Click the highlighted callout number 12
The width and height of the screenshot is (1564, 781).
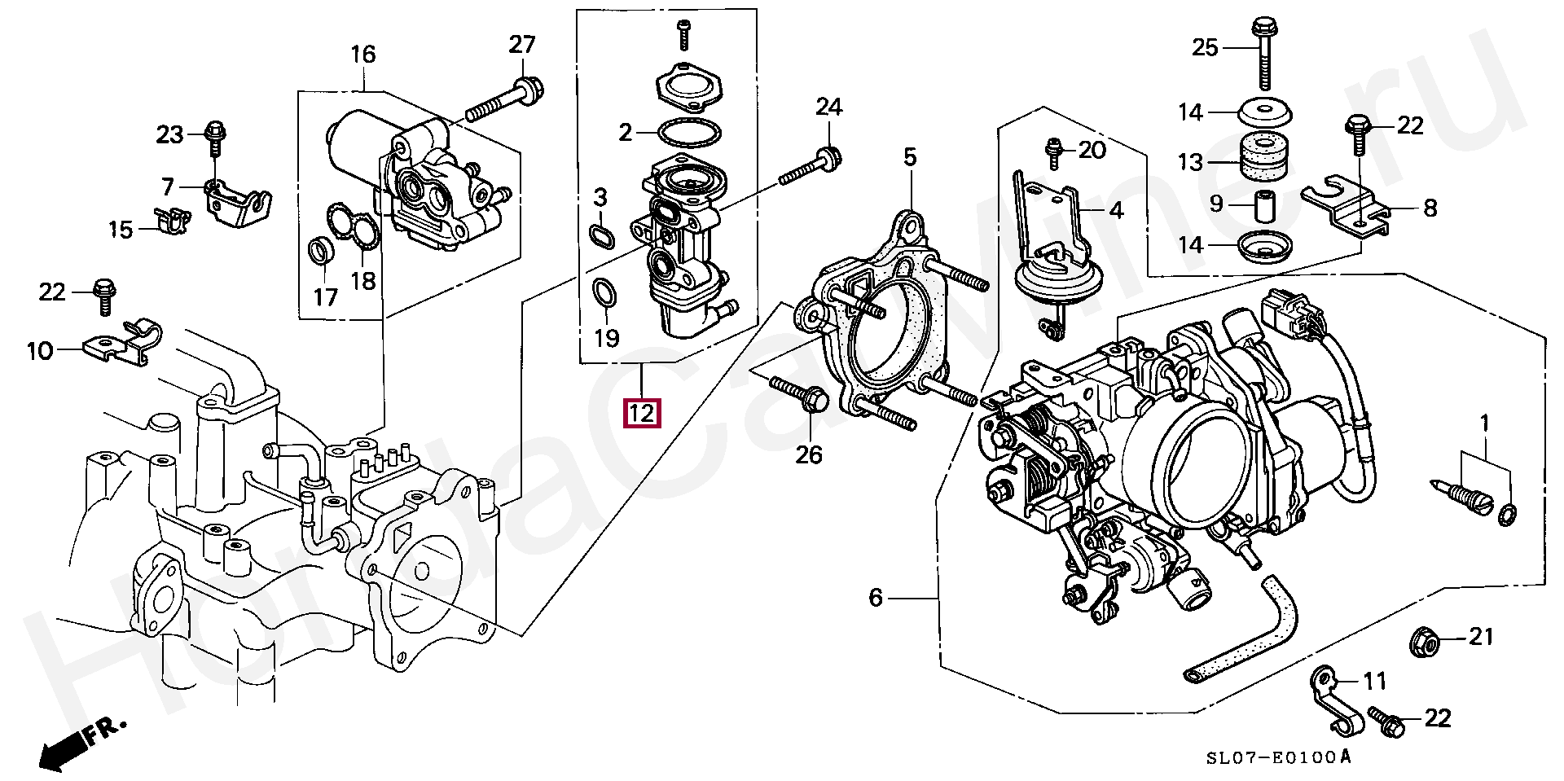[x=641, y=413]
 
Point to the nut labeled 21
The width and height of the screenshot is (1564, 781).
[x=1426, y=646]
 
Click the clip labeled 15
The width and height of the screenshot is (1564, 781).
[x=171, y=219]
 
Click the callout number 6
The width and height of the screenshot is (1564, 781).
[x=875, y=599]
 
